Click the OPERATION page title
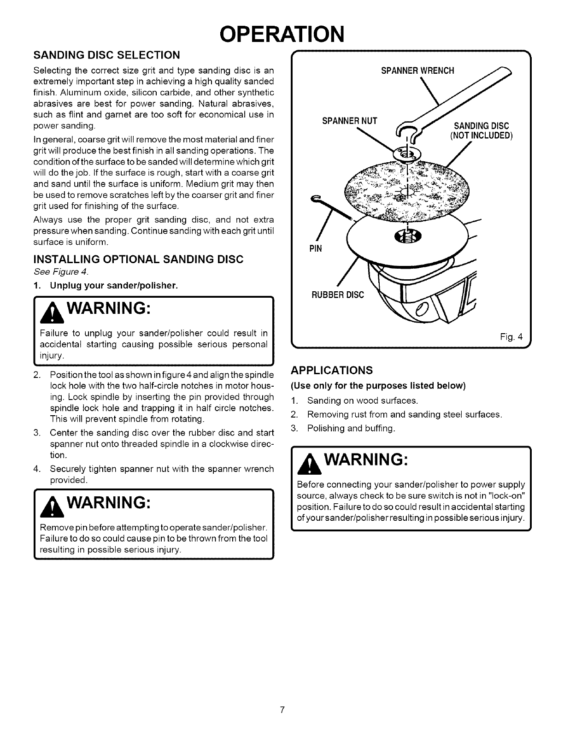point(282,33)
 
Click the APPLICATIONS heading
point(332,371)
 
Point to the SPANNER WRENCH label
point(417,71)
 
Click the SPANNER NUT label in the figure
point(349,121)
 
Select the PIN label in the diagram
point(315,249)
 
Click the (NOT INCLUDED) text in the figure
point(481,135)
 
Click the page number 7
point(282,709)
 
